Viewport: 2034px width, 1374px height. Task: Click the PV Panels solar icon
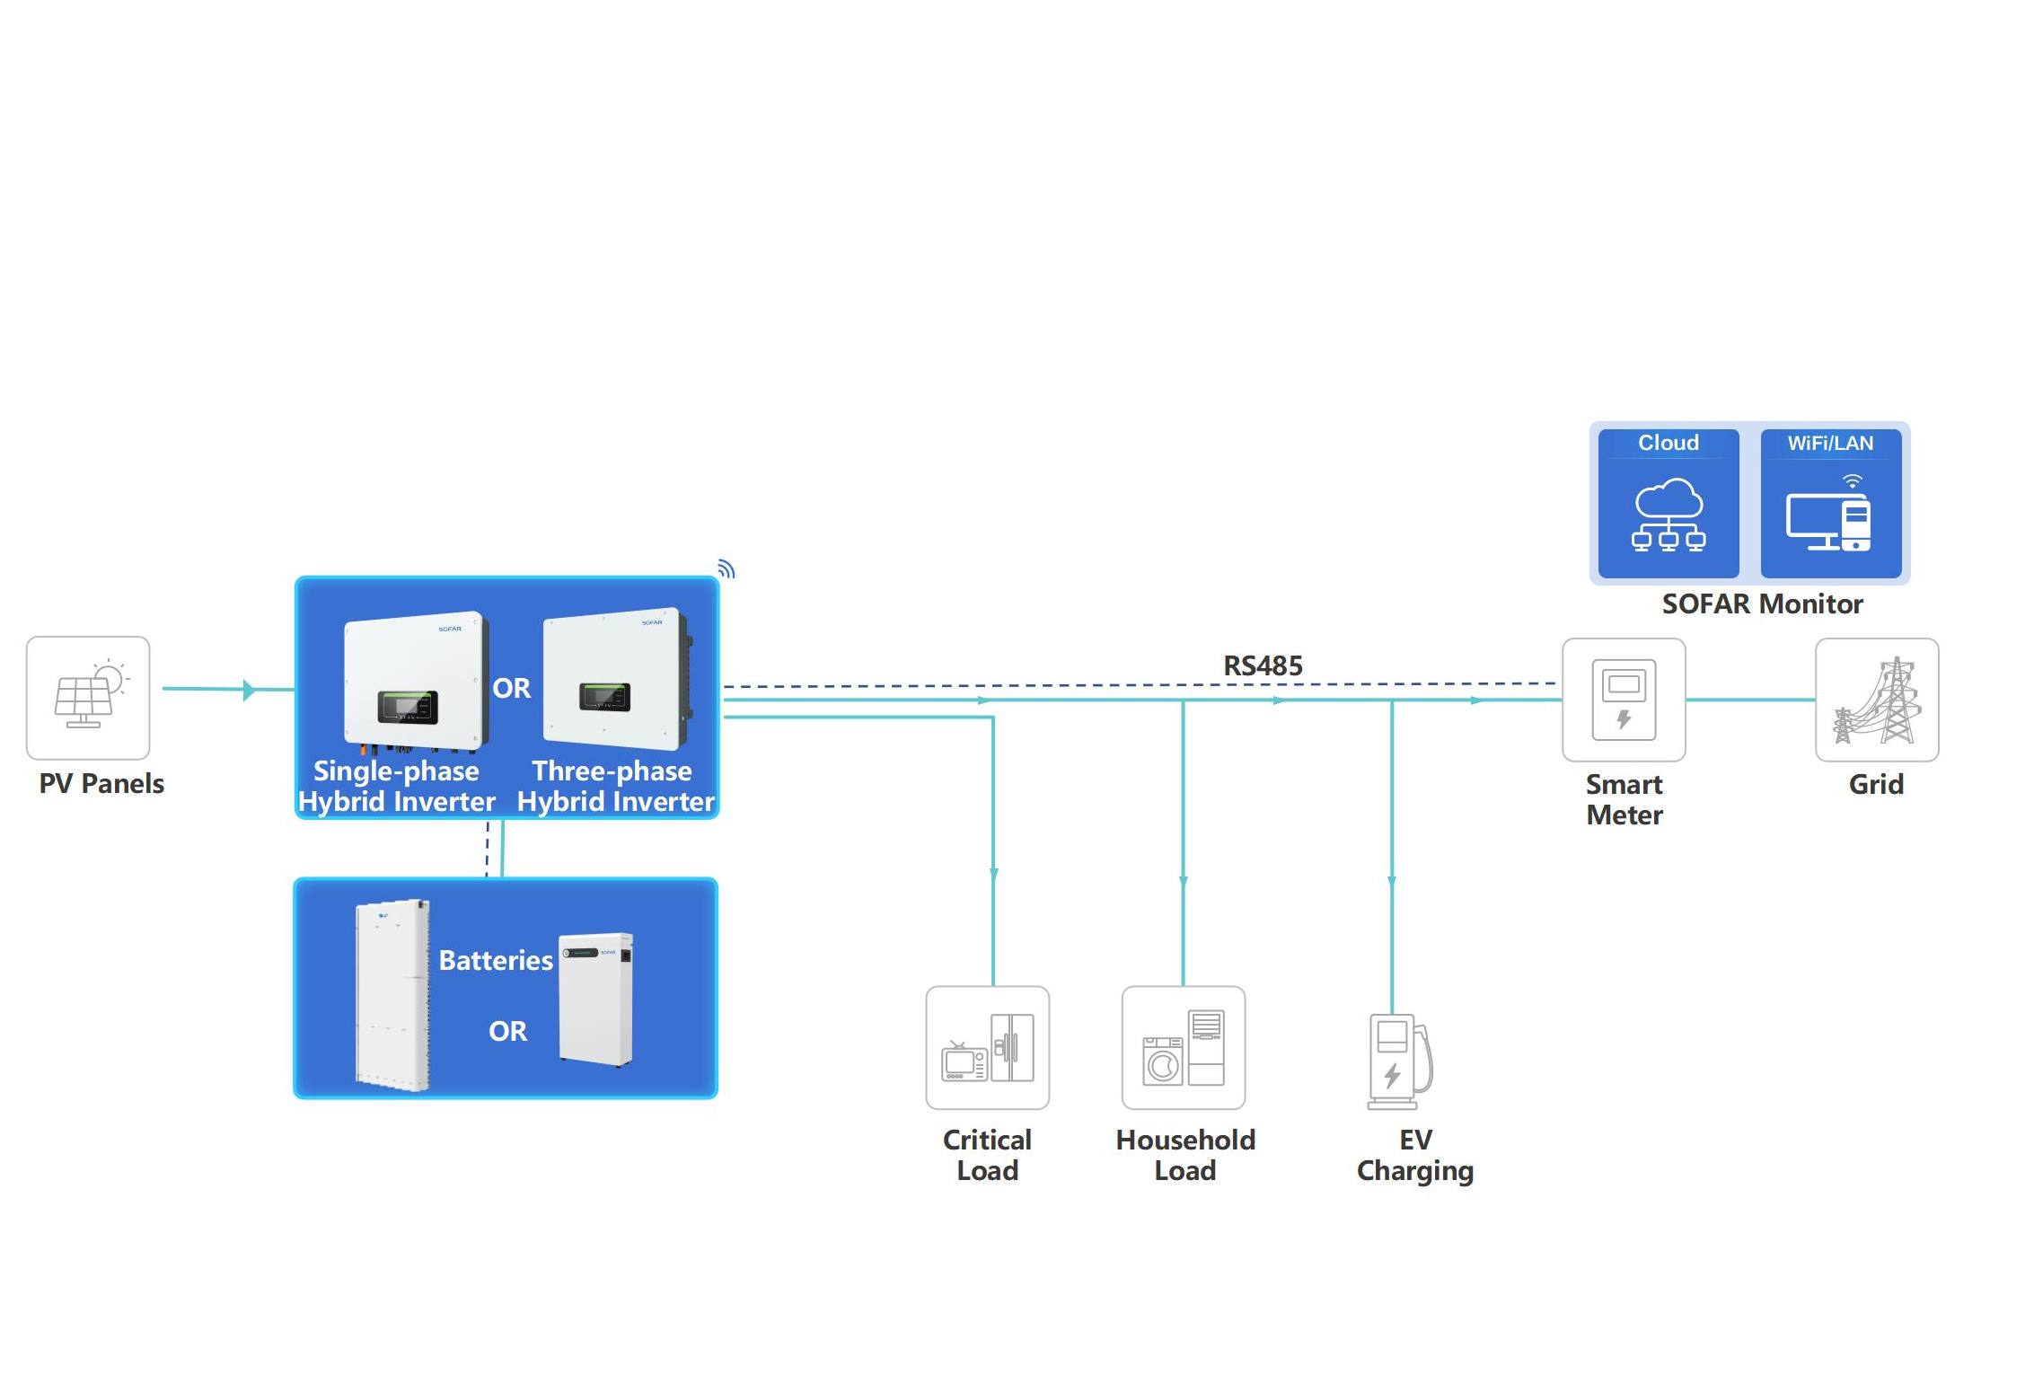coord(88,698)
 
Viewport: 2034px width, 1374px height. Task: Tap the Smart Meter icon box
coord(1624,700)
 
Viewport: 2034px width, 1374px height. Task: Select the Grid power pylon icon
coord(1877,700)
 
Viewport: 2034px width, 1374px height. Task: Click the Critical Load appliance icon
coord(987,1047)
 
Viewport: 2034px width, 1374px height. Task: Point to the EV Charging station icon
coord(1398,1061)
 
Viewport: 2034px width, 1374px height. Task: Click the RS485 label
coord(1263,665)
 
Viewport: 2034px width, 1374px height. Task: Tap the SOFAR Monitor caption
coord(1762,603)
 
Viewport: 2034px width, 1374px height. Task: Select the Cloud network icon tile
coord(1669,504)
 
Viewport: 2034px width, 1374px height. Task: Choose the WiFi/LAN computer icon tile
coord(1830,504)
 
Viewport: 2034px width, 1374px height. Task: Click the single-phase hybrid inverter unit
coord(416,682)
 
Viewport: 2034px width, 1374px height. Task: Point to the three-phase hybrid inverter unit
coord(616,677)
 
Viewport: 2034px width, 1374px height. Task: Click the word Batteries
coord(496,960)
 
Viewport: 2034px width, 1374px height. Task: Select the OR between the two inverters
coord(512,688)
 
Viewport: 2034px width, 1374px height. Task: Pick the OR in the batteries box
coord(507,1031)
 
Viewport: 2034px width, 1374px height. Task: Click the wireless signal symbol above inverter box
coord(726,569)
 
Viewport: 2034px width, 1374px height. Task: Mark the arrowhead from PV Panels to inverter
coord(249,690)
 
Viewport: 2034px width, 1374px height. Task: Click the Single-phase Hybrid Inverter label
coord(396,786)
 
